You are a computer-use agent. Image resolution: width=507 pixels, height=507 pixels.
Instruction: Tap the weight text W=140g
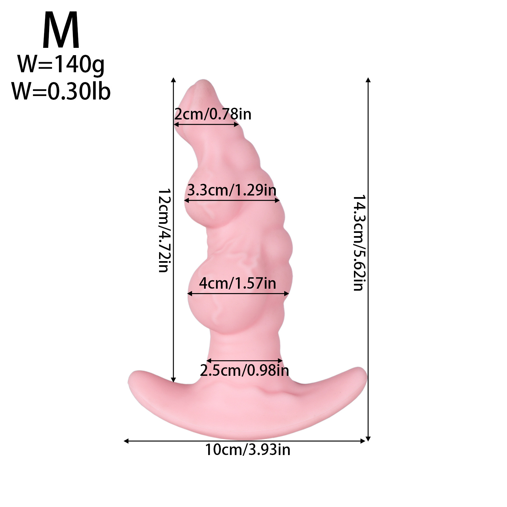coord(61,65)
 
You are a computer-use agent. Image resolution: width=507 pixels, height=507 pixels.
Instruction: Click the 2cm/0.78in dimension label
coord(213,114)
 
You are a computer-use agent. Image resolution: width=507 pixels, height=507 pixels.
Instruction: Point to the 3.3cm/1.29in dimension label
coord(232,190)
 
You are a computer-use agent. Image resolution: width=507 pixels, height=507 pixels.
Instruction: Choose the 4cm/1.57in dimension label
coord(237,283)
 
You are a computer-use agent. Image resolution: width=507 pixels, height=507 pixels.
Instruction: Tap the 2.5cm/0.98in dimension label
coord(244,370)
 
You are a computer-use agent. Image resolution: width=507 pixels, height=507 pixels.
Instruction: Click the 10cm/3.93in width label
coord(248,450)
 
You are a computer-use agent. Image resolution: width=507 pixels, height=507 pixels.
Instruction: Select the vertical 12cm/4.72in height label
coord(164,231)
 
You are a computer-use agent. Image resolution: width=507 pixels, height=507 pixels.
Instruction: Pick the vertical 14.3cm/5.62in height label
coord(360,243)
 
